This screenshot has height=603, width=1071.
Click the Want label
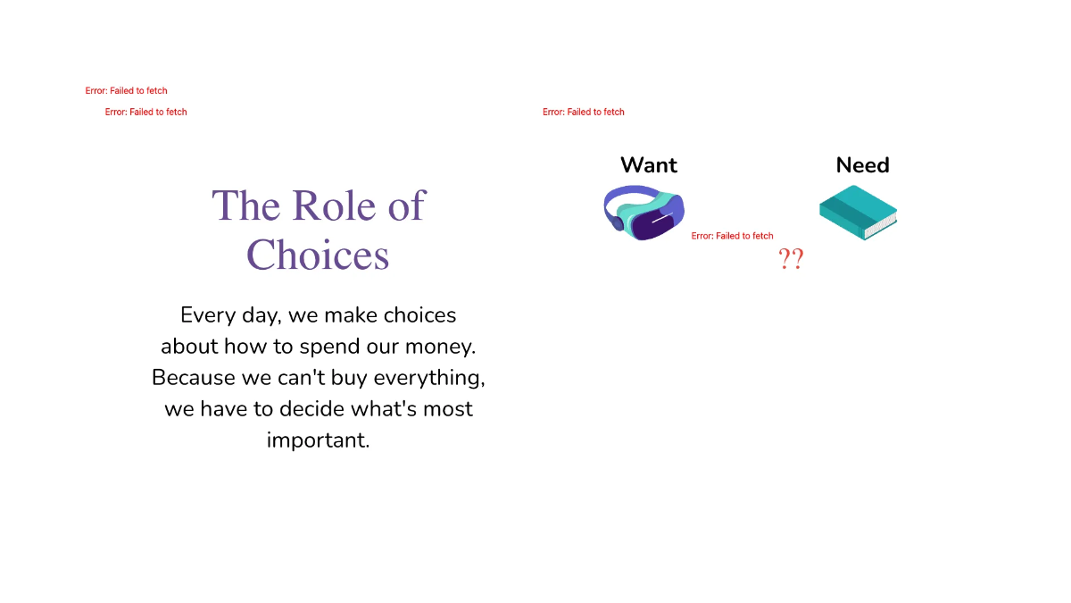(649, 165)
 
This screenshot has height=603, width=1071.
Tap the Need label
(862, 165)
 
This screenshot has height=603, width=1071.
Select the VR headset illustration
(643, 213)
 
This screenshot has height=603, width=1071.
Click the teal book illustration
(858, 212)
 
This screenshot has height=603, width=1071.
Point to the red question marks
(791, 260)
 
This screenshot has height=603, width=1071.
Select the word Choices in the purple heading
(318, 255)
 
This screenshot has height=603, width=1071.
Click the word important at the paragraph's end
(318, 440)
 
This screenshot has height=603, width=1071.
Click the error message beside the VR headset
(732, 236)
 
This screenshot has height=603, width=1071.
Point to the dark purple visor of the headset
(656, 225)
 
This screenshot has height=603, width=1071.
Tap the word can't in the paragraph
(301, 378)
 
